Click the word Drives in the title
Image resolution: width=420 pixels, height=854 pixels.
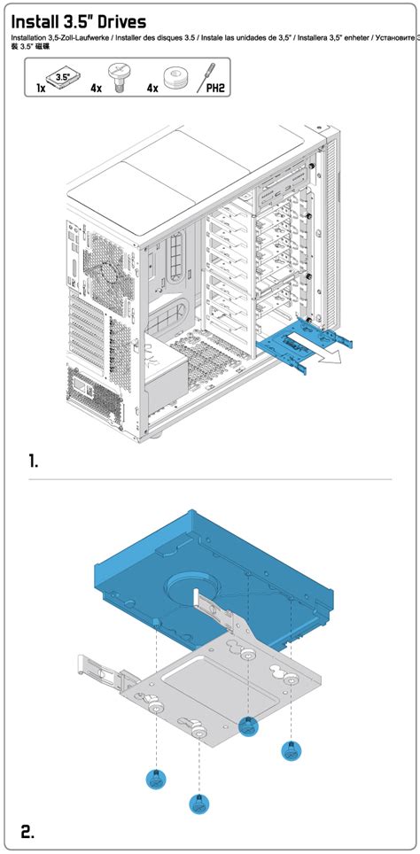(114, 21)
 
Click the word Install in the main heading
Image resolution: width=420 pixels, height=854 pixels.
(40, 21)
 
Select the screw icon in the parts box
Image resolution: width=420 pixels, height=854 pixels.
(116, 74)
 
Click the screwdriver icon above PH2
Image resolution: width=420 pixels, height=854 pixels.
(212, 73)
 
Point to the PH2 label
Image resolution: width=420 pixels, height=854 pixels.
(214, 89)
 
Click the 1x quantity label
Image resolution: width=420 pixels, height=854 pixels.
(42, 89)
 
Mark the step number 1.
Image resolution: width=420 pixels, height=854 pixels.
(34, 461)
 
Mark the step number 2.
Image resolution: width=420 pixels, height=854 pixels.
(27, 830)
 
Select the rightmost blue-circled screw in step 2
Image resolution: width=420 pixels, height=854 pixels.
(289, 750)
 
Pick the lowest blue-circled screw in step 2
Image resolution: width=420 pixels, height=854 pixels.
(199, 804)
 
